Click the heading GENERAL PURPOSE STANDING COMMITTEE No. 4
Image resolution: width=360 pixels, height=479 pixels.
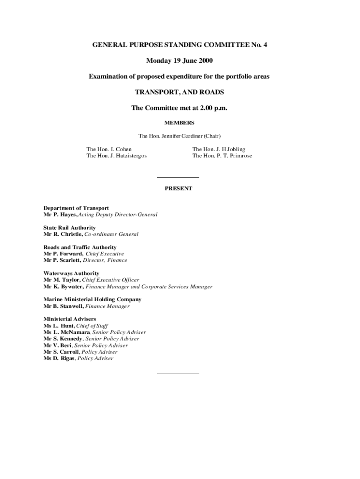pyautogui.click(x=180, y=45)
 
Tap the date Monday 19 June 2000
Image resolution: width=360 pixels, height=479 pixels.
pyautogui.click(x=180, y=61)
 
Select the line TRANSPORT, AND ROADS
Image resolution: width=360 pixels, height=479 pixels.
pyautogui.click(x=180, y=92)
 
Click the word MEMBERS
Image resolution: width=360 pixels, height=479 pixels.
pyautogui.click(x=180, y=123)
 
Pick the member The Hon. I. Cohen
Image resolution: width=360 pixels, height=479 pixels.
pyautogui.click(x=109, y=149)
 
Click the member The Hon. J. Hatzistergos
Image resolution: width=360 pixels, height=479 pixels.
pyautogui.click(x=116, y=156)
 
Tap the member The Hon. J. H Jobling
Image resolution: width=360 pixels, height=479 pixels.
pyautogui.click(x=219, y=149)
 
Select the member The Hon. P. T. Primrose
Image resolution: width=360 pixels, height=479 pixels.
pyautogui.click(x=222, y=156)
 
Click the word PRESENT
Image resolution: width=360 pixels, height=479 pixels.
pyautogui.click(x=178, y=189)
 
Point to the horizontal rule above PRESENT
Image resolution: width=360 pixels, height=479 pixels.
pyautogui.click(x=178, y=178)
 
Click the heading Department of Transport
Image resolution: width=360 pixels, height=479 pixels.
pyautogui.click(x=76, y=208)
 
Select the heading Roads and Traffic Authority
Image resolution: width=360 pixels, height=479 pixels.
pyautogui.click(x=80, y=247)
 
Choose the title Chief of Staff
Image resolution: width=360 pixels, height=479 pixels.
pyautogui.click(x=91, y=326)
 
